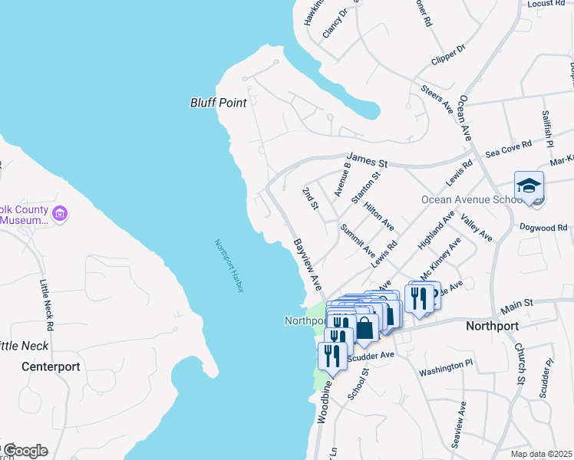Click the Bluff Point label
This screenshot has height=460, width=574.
tap(218, 103)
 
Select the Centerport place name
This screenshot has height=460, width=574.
tap(51, 366)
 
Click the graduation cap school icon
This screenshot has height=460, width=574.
tap(529, 186)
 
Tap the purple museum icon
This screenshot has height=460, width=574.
tap(61, 213)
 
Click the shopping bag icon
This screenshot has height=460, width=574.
tap(366, 329)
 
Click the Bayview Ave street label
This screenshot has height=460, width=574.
tap(306, 264)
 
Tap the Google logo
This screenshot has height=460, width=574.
tap(25, 451)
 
